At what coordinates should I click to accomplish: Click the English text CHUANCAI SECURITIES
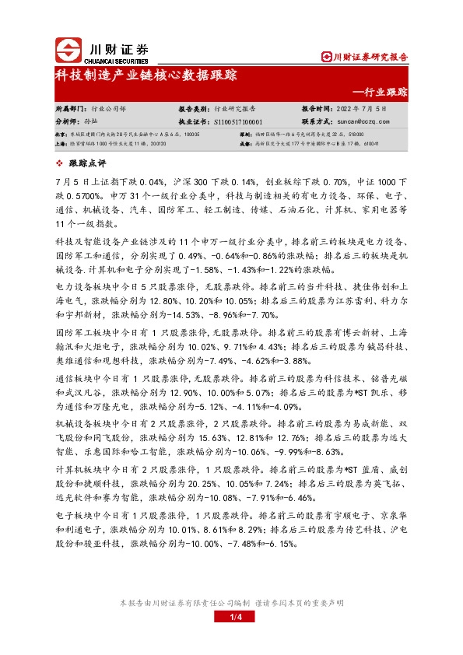114,56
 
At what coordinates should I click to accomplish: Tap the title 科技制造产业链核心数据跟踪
146,75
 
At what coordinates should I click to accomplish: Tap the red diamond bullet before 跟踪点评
62,163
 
